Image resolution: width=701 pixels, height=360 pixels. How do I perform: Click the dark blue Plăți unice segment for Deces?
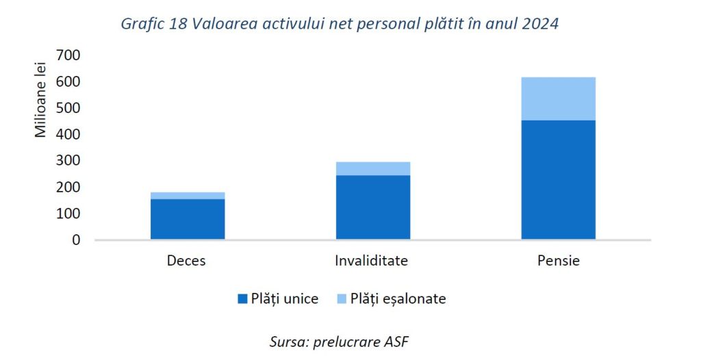click(x=188, y=219)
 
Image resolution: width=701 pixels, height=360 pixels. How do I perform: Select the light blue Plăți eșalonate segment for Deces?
click(x=188, y=196)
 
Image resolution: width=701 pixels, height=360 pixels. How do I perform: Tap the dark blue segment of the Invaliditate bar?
click(x=373, y=207)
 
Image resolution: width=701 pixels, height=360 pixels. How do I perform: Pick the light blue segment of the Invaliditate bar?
click(x=373, y=168)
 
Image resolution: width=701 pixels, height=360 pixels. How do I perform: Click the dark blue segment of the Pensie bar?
click(x=558, y=179)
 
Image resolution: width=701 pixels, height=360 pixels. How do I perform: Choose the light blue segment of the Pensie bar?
click(x=558, y=99)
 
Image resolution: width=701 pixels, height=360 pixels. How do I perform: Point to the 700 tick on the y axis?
click(x=68, y=55)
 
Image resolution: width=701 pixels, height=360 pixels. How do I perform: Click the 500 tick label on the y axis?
click(x=68, y=108)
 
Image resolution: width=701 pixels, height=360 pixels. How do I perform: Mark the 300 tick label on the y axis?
click(x=68, y=161)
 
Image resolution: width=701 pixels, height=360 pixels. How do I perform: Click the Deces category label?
click(x=186, y=261)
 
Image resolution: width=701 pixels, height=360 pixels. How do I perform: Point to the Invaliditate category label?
click(x=372, y=261)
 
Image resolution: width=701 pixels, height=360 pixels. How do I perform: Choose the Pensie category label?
click(x=558, y=261)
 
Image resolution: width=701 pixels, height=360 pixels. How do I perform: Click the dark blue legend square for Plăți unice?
click(x=242, y=299)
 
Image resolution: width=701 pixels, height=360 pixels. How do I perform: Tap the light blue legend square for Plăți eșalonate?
click(x=342, y=299)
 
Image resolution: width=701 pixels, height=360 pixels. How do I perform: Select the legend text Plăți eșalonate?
click(x=398, y=299)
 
